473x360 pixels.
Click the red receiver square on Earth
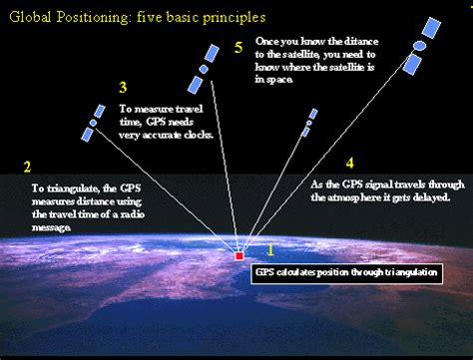pyautogui.click(x=238, y=256)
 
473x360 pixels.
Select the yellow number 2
pyautogui.click(x=27, y=167)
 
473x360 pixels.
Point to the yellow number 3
pyautogui.click(x=123, y=88)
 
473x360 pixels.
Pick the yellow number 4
pyautogui.click(x=348, y=162)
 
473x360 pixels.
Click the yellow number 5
pyautogui.click(x=237, y=47)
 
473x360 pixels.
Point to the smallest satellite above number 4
pyautogui.click(x=310, y=121)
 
